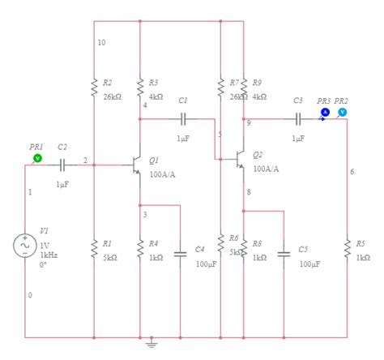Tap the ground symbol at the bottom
[x=151, y=343]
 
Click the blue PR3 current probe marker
[x=326, y=112]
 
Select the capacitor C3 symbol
[x=298, y=118]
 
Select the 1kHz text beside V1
[x=49, y=255]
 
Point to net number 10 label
[x=100, y=42]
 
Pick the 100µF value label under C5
[x=309, y=264]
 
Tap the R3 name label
[x=154, y=83]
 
